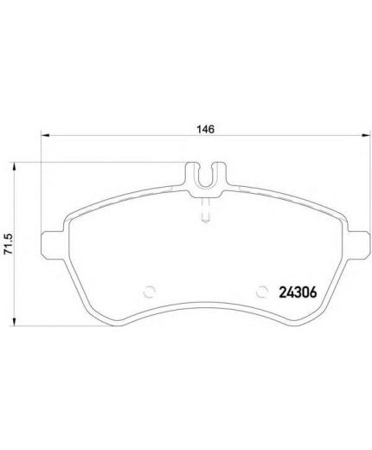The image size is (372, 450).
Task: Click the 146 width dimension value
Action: click(206, 129)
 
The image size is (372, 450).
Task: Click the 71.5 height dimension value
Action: click(9, 243)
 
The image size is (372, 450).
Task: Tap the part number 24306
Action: click(298, 292)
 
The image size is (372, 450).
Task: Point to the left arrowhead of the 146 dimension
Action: click(45, 135)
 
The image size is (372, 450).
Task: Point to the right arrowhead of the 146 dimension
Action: click(365, 135)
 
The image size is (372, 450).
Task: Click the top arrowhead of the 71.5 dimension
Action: click(13, 167)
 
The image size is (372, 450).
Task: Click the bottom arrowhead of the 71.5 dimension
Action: click(13, 321)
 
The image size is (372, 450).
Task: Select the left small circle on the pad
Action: click(150, 292)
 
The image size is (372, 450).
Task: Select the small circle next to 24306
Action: click(262, 292)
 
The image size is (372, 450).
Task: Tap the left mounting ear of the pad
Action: click(53, 245)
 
